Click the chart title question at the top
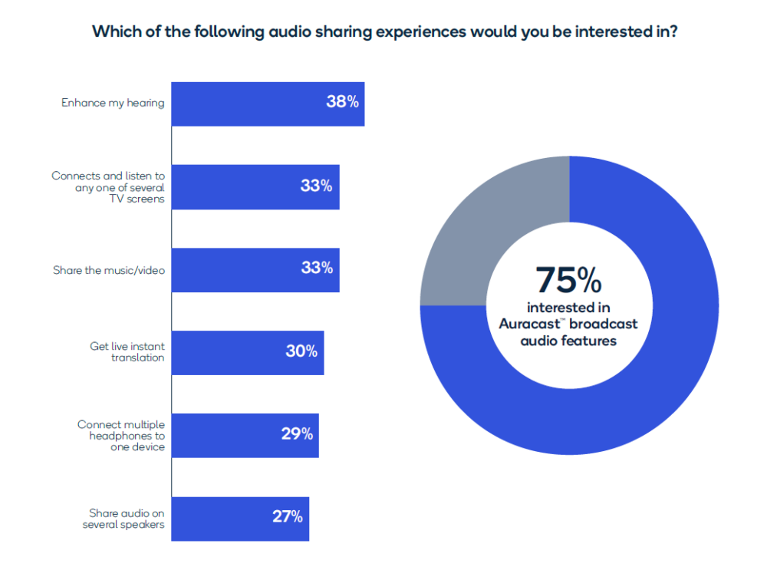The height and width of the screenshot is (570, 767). pyautogui.click(x=383, y=32)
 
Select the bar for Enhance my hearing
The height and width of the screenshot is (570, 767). pyautogui.click(x=245, y=104)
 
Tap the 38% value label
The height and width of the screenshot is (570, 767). pyautogui.click(x=342, y=101)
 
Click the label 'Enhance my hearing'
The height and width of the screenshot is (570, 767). pyautogui.click(x=113, y=102)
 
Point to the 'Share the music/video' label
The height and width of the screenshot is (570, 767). pyautogui.click(x=108, y=269)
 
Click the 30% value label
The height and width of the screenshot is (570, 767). pyautogui.click(x=301, y=351)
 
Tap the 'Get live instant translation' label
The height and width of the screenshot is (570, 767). pyautogui.click(x=127, y=352)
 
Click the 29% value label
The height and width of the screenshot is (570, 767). pyautogui.click(x=297, y=434)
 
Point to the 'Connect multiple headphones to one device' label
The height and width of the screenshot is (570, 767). pyautogui.click(x=121, y=435)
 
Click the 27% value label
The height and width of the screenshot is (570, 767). pyautogui.click(x=288, y=516)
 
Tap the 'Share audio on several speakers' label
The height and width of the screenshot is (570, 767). pyautogui.click(x=123, y=518)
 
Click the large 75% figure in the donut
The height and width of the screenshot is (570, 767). pyautogui.click(x=568, y=280)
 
